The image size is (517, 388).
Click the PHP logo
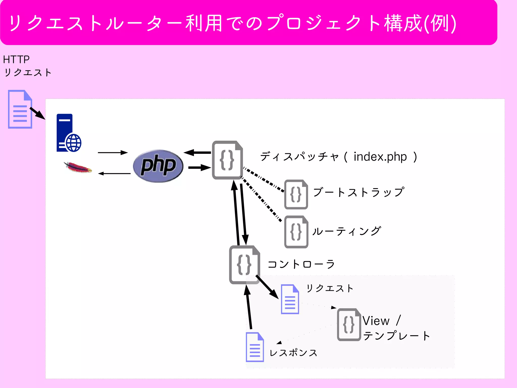point(158,166)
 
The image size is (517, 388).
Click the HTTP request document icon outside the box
point(20,109)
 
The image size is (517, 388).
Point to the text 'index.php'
point(380,157)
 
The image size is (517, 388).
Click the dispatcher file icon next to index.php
point(227,160)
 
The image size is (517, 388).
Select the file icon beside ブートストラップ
point(296,194)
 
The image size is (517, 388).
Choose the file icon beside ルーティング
point(296,232)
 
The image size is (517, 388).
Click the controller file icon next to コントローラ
point(244,264)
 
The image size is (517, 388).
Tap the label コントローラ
point(301,264)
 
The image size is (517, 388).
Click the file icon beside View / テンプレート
point(349,325)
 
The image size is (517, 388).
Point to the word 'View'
point(376,321)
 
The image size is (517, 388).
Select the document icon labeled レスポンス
point(255,347)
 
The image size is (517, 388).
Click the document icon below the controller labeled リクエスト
point(290,299)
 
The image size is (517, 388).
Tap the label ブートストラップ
point(358,192)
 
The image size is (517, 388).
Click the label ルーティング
point(346,231)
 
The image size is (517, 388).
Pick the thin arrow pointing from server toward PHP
point(113,153)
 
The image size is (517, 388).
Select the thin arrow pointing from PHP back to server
point(114,174)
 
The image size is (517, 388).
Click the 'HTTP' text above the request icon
point(16,60)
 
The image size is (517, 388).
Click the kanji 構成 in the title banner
point(403,23)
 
